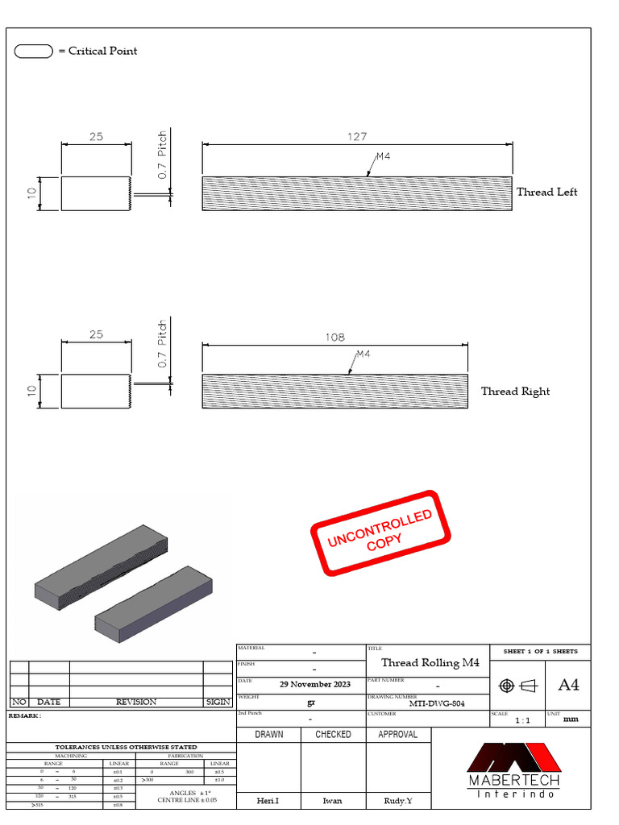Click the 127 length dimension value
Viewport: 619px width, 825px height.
[357, 137]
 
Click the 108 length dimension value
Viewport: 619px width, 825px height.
[335, 338]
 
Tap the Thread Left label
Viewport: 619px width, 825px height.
[546, 192]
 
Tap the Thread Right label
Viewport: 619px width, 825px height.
[515, 392]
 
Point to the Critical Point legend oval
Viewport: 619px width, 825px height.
[34, 52]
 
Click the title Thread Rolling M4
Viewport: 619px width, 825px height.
[430, 663]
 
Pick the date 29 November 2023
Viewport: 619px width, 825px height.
[314, 684]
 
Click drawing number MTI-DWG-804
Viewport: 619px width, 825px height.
[436, 703]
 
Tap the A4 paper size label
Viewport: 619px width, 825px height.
[568, 685]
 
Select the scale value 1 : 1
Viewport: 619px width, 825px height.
[522, 720]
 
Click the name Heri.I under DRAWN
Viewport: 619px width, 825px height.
[268, 802]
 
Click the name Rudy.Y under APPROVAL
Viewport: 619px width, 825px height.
[398, 802]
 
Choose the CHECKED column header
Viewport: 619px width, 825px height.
[333, 735]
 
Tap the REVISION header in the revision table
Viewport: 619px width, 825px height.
[136, 702]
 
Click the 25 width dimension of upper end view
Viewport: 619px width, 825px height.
[96, 137]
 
